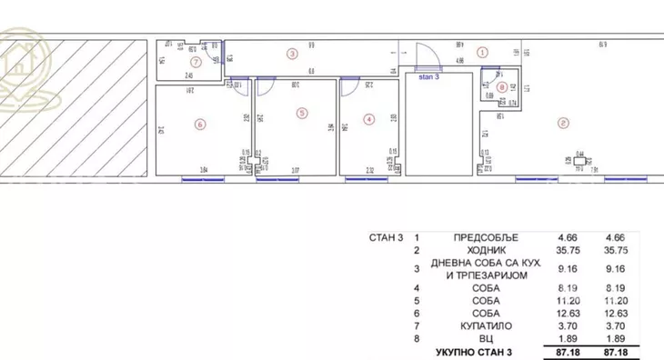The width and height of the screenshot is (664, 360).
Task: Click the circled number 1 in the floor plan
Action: tap(483, 53)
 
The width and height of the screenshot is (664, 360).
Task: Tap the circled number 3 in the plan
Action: tap(292, 54)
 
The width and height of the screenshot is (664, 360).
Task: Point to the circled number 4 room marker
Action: tap(367, 119)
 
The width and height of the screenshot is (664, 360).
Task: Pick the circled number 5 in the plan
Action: tap(302, 113)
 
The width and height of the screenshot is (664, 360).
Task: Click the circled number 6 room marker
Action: tap(200, 124)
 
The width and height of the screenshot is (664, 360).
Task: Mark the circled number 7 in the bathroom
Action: tap(194, 62)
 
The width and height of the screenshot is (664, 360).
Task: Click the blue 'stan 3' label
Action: tap(428, 76)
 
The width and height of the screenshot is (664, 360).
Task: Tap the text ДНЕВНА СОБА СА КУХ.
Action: tap(487, 263)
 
